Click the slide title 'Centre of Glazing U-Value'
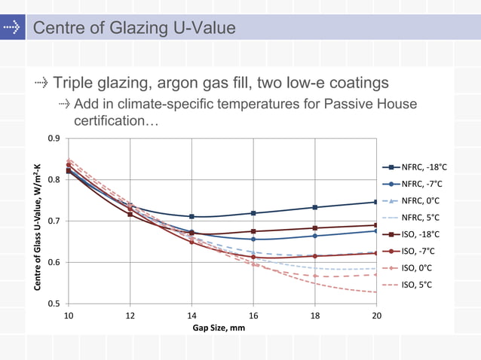(134, 29)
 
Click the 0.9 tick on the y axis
(54, 139)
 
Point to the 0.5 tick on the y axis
(54, 304)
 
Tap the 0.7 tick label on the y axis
(54, 221)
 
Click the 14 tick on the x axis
(191, 316)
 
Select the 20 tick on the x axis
(376, 316)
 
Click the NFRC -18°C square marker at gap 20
(376, 202)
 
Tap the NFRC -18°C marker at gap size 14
(191, 217)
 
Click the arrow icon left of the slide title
(11, 29)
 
